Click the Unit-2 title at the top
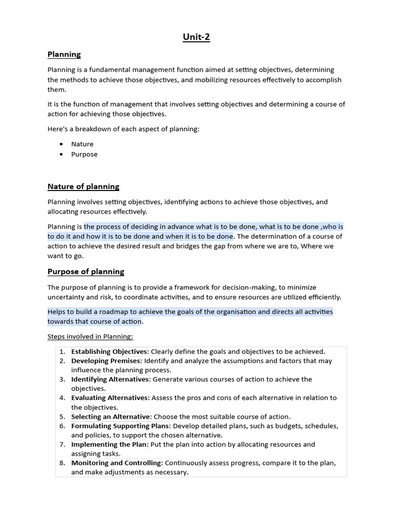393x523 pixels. (x=196, y=37)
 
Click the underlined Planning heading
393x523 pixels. (x=64, y=54)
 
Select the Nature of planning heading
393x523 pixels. (x=83, y=186)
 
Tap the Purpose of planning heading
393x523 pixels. (x=85, y=271)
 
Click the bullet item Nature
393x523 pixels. (x=82, y=144)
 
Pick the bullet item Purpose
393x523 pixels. (x=84, y=154)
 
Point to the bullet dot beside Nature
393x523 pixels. (x=61, y=144)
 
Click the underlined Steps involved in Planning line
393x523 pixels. (x=90, y=337)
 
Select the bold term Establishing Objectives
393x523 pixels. (x=110, y=351)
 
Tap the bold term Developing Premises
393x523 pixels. (x=105, y=361)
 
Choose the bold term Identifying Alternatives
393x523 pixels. (x=110, y=379)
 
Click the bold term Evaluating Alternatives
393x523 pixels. (x=110, y=397)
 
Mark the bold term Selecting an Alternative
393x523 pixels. (x=111, y=416)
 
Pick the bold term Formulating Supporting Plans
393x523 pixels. (x=120, y=426)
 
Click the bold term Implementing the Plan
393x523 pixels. (x=110, y=444)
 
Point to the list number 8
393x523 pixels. (x=62, y=463)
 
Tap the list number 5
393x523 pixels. (x=62, y=416)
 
